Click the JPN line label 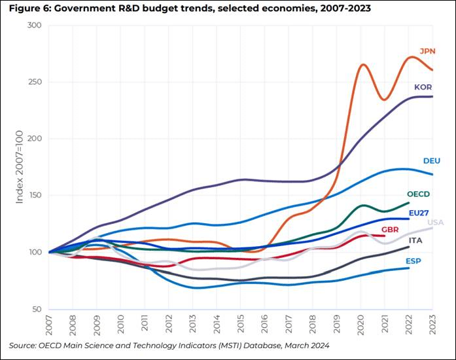pos(427,51)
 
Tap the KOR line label pos(423,87)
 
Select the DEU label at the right pos(432,160)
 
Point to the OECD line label pos(418,194)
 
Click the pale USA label pos(436,223)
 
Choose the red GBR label pos(391,230)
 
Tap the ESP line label pos(412,261)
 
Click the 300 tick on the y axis pos(35,26)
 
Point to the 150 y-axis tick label pos(35,196)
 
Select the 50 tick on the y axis pos(37,309)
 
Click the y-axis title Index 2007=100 pos(20,168)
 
